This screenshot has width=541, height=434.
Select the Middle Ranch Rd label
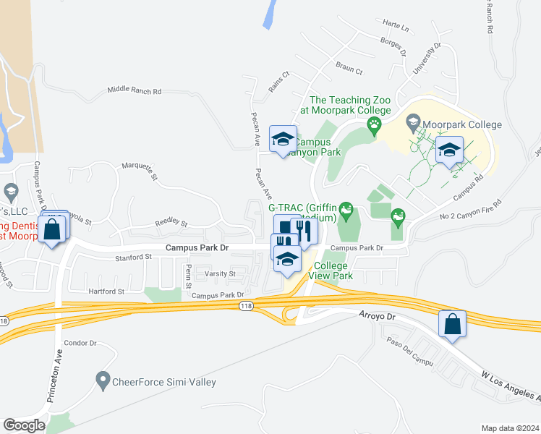coord(134,91)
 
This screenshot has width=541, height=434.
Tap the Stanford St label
coord(133,257)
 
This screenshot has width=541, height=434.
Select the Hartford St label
coord(106,292)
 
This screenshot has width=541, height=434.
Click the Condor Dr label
coord(80,343)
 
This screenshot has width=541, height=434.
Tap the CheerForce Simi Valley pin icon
coord(102,379)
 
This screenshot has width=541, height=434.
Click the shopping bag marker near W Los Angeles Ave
coord(452,324)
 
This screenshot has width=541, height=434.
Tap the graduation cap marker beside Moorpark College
coord(449,150)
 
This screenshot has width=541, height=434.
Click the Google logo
coord(24,425)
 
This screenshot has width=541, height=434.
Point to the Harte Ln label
coord(396,28)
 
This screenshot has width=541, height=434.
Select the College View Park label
coord(332,271)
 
